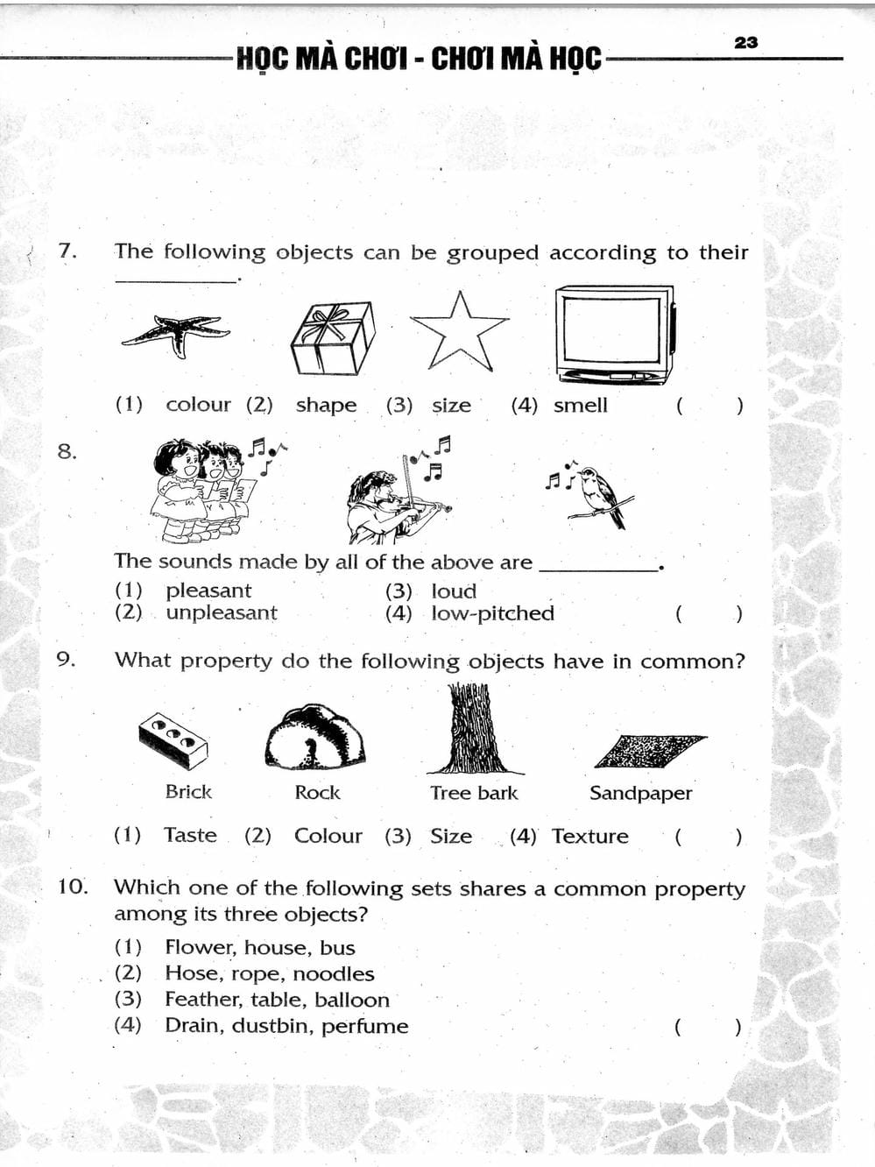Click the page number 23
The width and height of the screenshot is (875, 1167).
[x=745, y=42]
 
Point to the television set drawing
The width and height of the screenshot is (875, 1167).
[x=615, y=334]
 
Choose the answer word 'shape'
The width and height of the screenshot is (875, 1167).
[x=326, y=405]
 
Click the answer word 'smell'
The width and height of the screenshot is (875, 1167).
[x=580, y=405]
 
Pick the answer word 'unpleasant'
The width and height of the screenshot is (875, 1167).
[x=221, y=612]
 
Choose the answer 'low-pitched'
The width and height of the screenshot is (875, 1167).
[x=492, y=613]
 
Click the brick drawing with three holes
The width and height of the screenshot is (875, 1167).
[x=173, y=738]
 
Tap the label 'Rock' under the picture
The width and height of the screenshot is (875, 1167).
[x=317, y=792]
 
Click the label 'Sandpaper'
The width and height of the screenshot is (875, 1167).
[x=640, y=793]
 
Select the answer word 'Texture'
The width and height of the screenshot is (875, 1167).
[x=589, y=836]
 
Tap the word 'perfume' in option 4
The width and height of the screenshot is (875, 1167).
[x=364, y=1026]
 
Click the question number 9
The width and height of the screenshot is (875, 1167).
[x=66, y=660]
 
